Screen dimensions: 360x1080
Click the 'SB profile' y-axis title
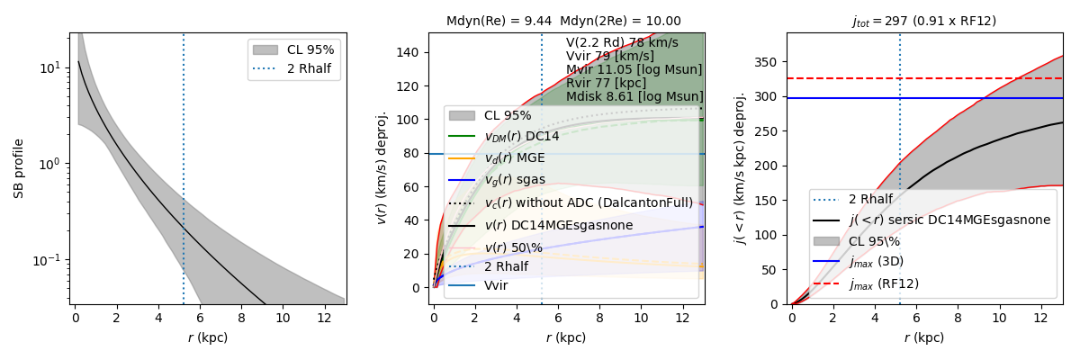(19, 168)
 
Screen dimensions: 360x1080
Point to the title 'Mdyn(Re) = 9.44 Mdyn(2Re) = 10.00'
(563, 21)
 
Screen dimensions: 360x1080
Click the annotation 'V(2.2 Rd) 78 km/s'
(622, 42)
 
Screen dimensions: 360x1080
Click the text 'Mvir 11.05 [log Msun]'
(634, 69)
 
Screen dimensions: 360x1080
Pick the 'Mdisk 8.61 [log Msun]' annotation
(634, 96)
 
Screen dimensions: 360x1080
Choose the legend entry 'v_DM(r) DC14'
(521, 136)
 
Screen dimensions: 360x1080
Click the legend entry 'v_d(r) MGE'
(515, 157)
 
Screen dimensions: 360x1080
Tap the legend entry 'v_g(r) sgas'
(515, 179)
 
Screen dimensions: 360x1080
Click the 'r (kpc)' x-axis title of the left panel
(207, 338)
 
